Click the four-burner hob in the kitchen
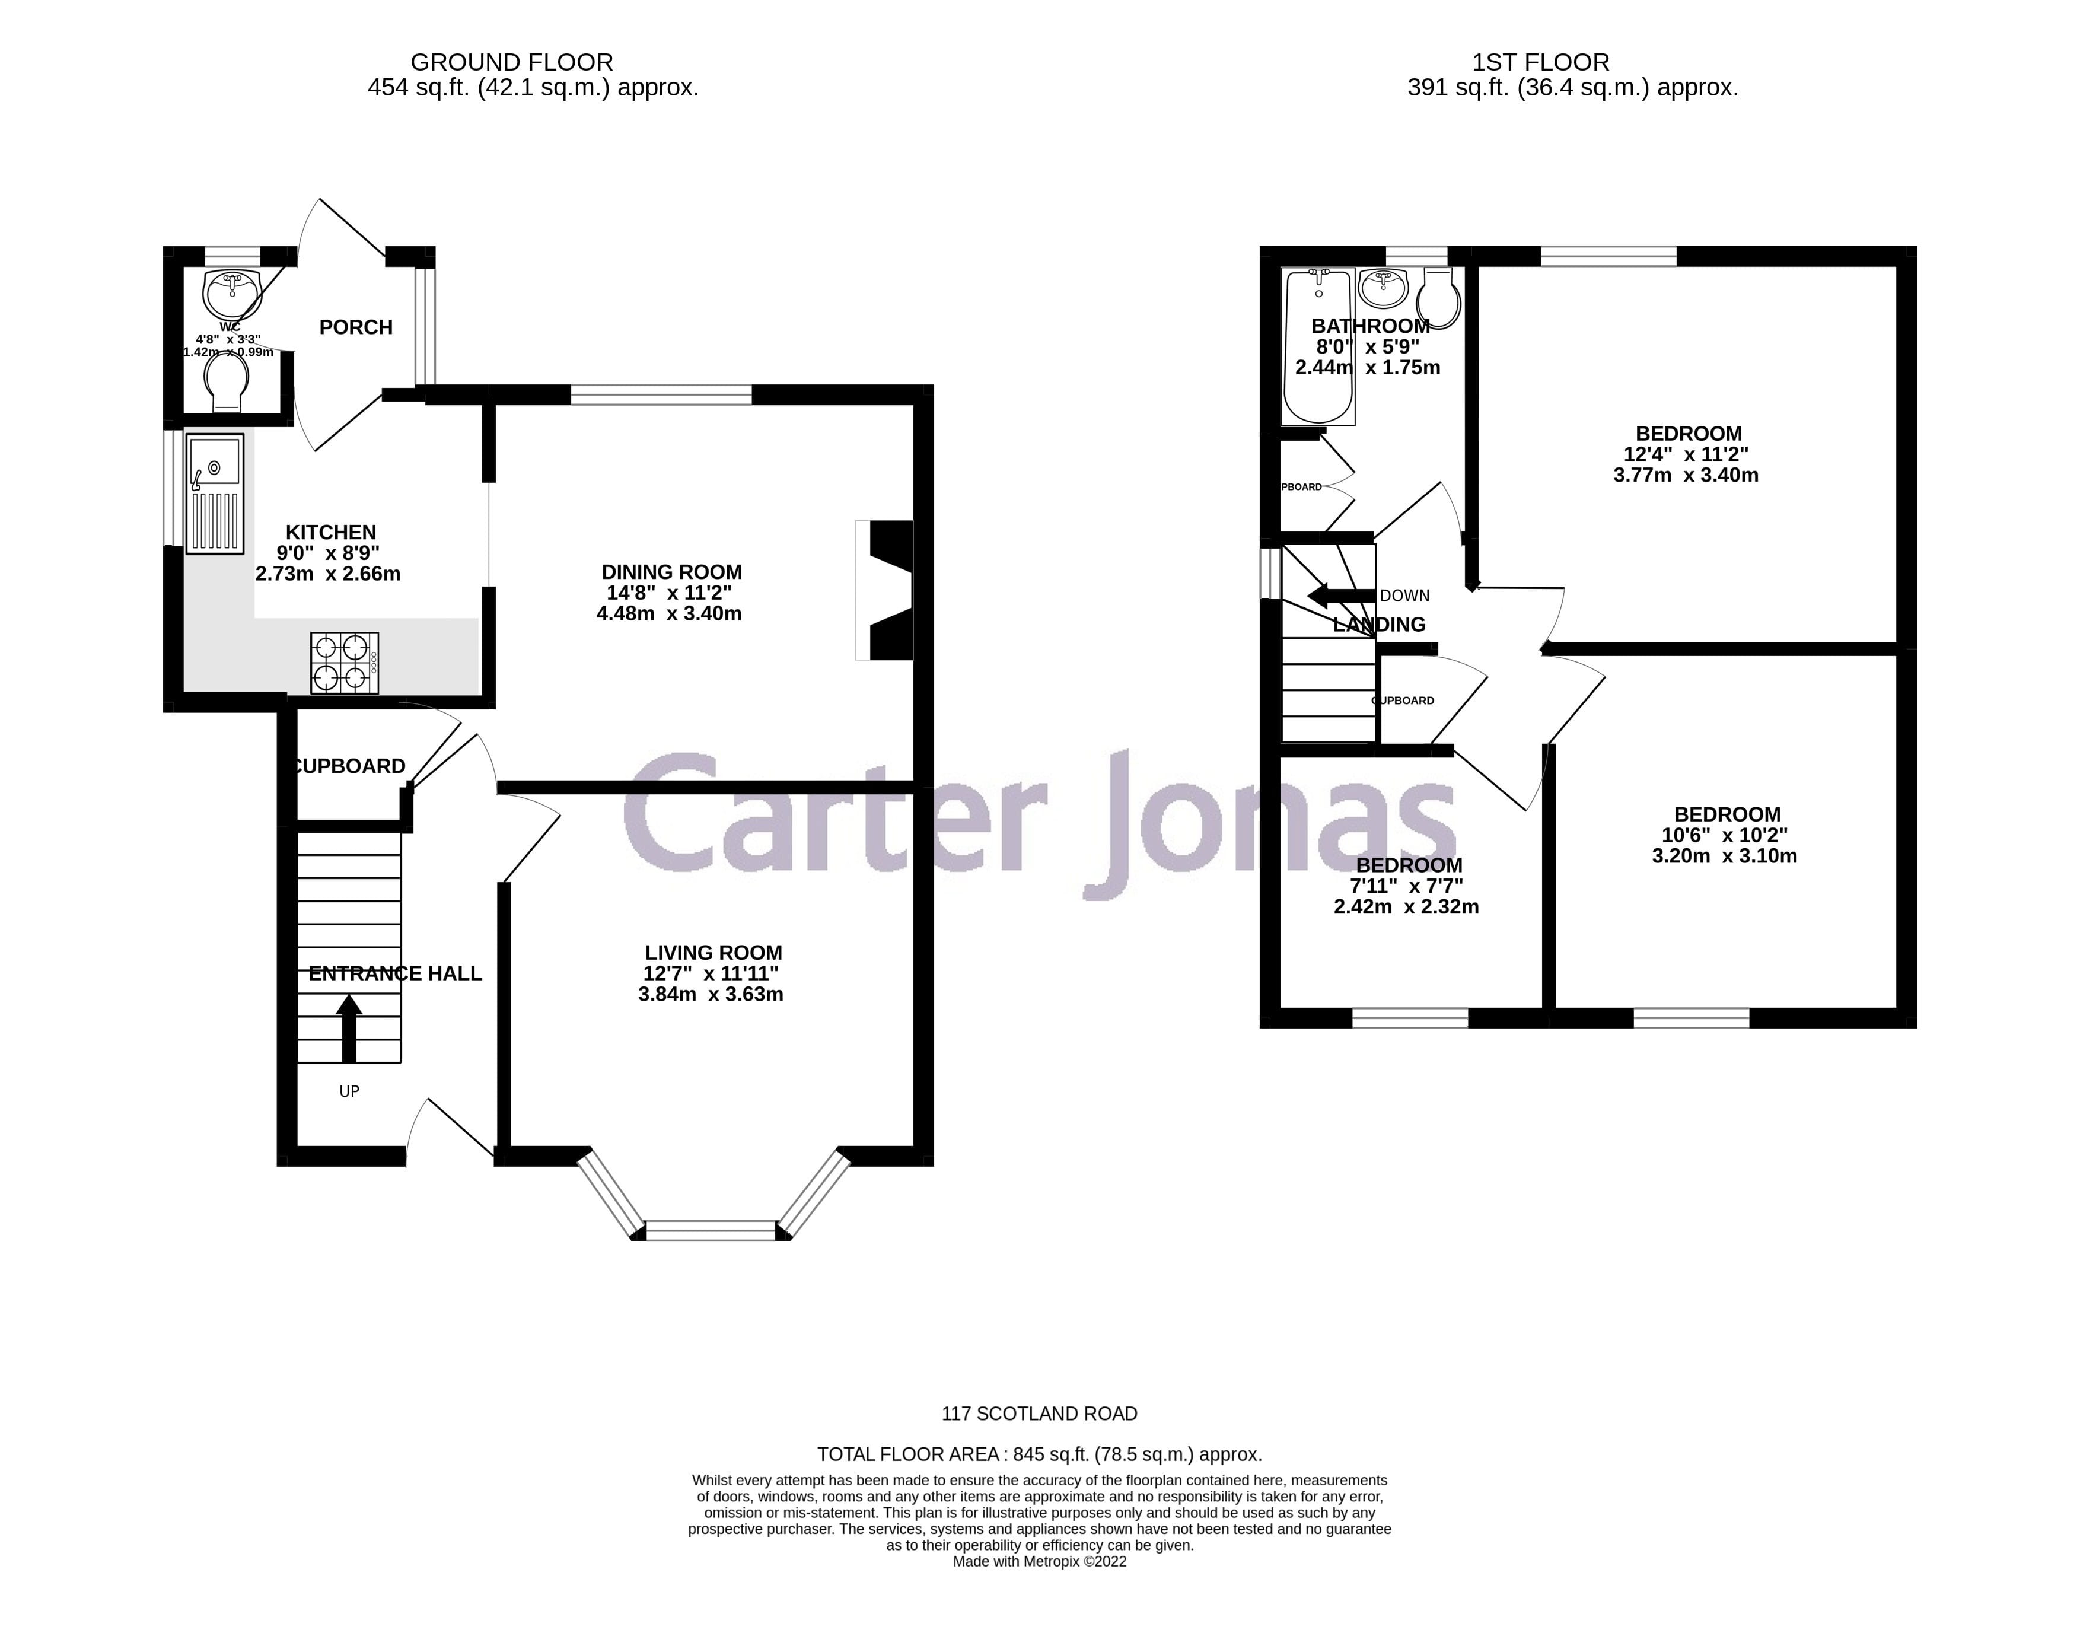coord(345,663)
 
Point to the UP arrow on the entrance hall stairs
coord(348,1027)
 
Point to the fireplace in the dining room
coord(885,590)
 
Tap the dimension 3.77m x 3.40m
coord(1686,475)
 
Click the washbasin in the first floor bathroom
coord(1384,286)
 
